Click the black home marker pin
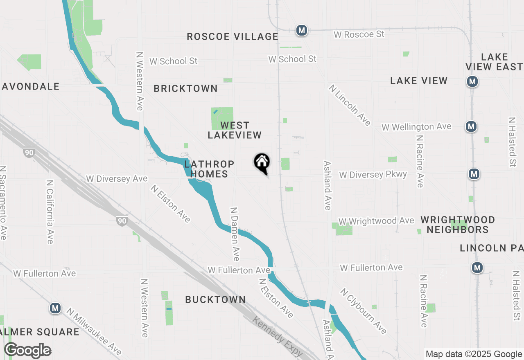coord(262,163)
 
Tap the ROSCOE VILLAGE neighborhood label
coord(233,36)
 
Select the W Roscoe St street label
coord(359,34)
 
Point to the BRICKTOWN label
coord(185,88)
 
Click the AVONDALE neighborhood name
coord(31,86)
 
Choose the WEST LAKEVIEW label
coord(235,130)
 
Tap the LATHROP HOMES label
coord(209,169)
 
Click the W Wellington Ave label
coord(416,127)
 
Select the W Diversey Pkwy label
coord(373,175)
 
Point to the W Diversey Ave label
coord(117,179)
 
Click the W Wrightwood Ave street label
coord(376,221)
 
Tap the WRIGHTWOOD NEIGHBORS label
coord(458,225)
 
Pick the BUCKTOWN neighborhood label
coord(215,299)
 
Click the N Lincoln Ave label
coord(350,106)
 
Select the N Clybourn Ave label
coord(363,311)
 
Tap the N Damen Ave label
coord(235,234)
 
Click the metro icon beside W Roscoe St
coord(302,30)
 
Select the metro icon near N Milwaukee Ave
coord(55,308)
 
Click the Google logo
coord(27,351)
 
